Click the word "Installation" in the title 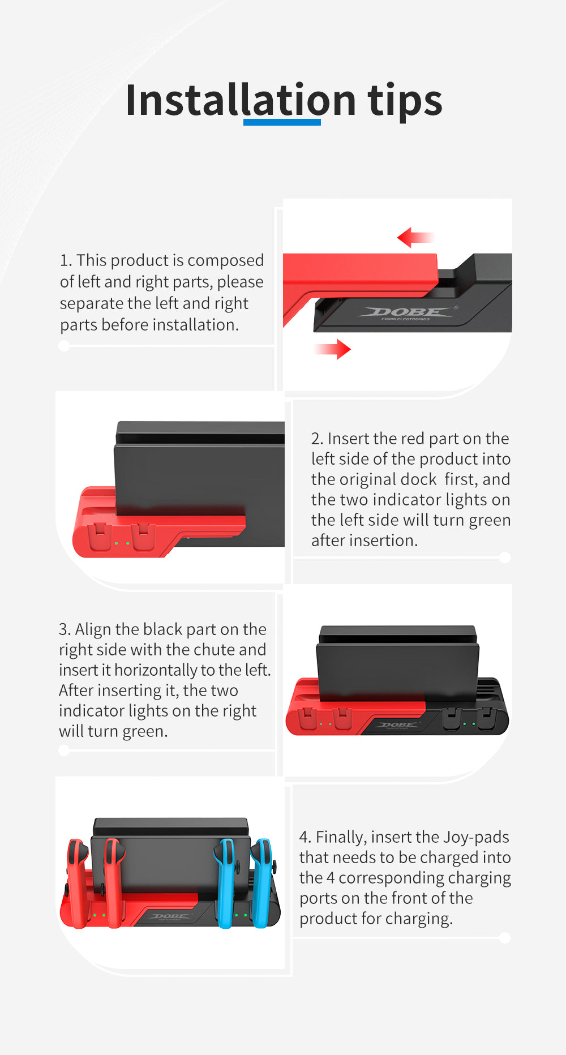[x=240, y=100]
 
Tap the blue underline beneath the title [x=282, y=122]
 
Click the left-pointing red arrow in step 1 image [x=414, y=237]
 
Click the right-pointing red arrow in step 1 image [x=333, y=349]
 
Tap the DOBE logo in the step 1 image [x=408, y=312]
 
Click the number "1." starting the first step [x=66, y=260]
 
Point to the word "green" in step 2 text [x=490, y=520]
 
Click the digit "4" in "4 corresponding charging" [x=331, y=878]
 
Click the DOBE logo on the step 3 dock [x=397, y=725]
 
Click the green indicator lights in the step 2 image [x=122, y=543]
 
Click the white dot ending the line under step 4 [x=505, y=938]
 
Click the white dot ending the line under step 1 [x=64, y=346]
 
